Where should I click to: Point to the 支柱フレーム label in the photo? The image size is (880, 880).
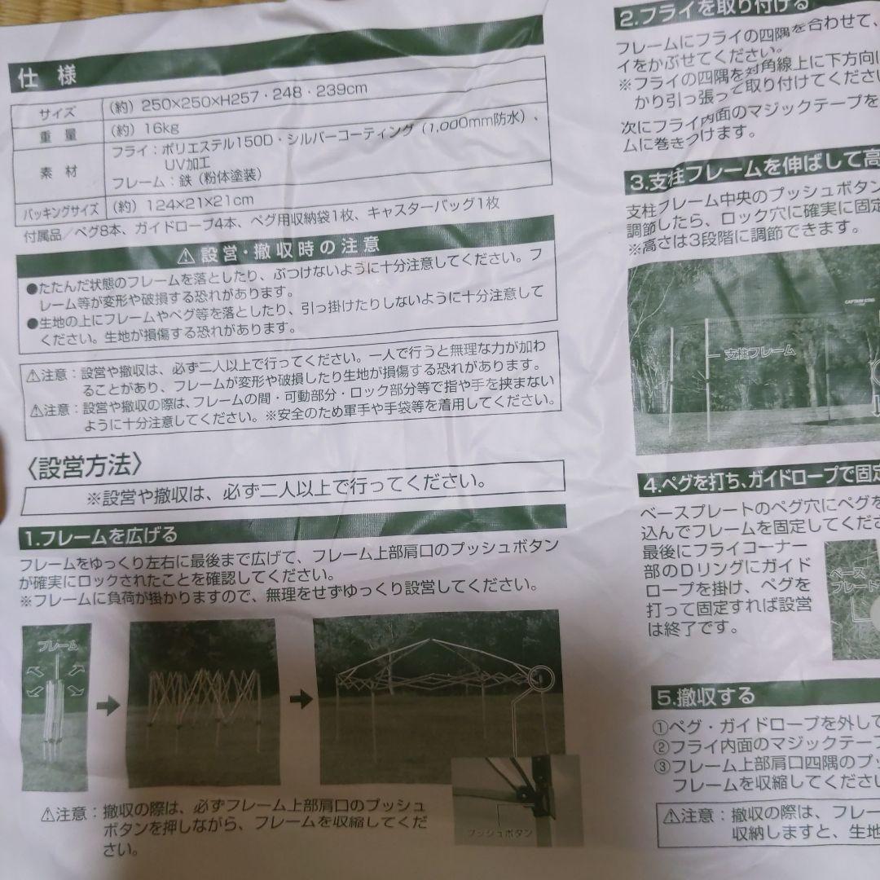759,354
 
